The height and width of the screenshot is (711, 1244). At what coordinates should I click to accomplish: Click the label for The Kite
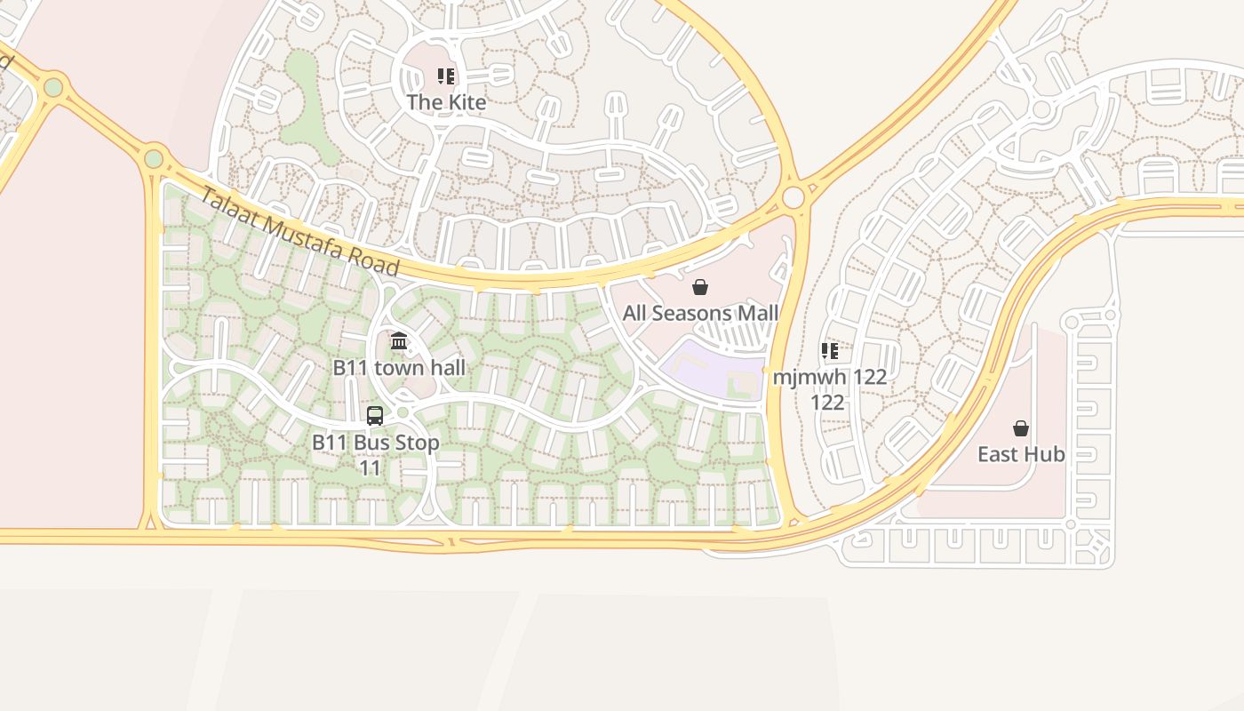pos(446,102)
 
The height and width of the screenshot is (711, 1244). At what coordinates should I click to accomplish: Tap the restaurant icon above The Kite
pos(446,76)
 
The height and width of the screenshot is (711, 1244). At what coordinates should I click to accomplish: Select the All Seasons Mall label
pos(700,313)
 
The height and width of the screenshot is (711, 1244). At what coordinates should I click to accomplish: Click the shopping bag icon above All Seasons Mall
pos(700,287)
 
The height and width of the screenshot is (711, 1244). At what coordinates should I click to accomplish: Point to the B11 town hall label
pos(399,367)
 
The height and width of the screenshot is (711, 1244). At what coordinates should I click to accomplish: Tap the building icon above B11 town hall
pos(399,341)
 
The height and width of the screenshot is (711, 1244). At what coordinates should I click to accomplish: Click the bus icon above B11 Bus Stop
pos(375,416)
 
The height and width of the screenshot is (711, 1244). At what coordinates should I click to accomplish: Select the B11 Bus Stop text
pos(375,443)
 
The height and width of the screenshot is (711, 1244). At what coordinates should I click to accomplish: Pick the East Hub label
pos(1021,454)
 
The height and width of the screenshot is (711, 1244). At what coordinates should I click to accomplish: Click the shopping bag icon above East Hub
pos(1021,428)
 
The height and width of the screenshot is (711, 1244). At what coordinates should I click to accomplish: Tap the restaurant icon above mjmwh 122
pos(830,351)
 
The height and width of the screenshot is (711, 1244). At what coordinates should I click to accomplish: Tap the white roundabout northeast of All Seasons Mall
pos(793,196)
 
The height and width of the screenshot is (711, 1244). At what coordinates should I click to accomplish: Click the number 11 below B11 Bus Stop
pos(370,467)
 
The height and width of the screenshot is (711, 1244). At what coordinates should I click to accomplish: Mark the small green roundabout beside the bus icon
pos(402,412)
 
